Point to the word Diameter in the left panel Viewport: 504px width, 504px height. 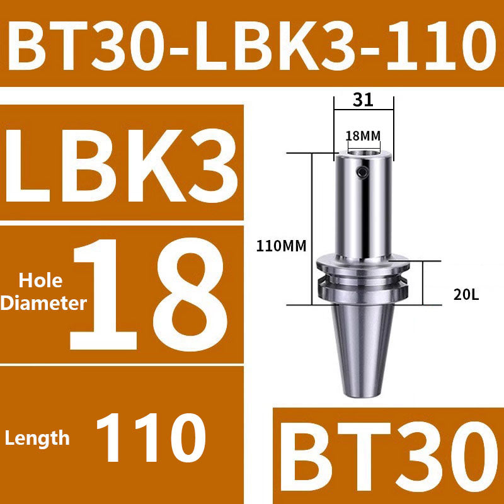pyautogui.click(x=43, y=304)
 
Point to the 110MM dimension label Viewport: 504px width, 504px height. pyautogui.click(x=280, y=247)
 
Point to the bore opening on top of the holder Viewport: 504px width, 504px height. pyautogui.click(x=363, y=151)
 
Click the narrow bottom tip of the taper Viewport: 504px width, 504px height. pyautogui.click(x=363, y=392)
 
